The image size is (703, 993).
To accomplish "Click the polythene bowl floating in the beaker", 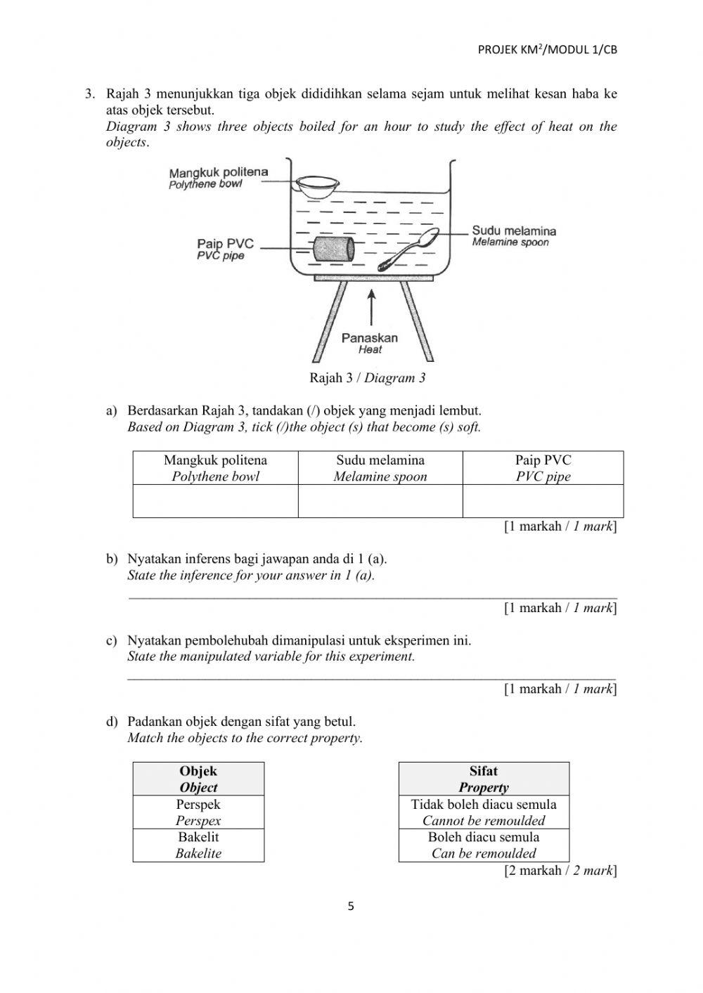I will pos(316,186).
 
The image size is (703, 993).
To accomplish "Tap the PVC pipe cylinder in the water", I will pos(331,249).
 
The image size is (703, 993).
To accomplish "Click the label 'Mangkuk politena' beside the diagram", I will pos(218,172).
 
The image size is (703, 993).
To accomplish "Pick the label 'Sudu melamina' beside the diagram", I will pos(514,231).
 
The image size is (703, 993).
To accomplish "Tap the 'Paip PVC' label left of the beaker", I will pos(225,244).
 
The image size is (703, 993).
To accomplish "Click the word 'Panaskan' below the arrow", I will pos(370,338).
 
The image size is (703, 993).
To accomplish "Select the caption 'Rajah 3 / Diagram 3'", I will pos(368,378).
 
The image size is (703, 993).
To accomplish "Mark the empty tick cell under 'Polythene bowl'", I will pos(215,501).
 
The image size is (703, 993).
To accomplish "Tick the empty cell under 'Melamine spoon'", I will pos(380,501).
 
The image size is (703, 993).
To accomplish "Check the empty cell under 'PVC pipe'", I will pos(543,501).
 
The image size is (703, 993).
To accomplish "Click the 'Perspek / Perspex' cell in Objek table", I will pos(198,812).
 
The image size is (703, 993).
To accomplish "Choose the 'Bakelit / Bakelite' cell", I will pos(198,845).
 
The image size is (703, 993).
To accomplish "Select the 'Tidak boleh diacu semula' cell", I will pos(484,812).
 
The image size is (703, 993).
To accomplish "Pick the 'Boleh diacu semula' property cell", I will pos(484,845).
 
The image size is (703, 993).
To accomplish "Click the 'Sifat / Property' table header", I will pos(484,779).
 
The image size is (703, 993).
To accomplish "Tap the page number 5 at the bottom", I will pos(351,907).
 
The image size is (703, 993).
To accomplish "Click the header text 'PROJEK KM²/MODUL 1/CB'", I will pos(547,49).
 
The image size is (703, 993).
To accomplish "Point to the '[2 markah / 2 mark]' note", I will pos(560,871).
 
